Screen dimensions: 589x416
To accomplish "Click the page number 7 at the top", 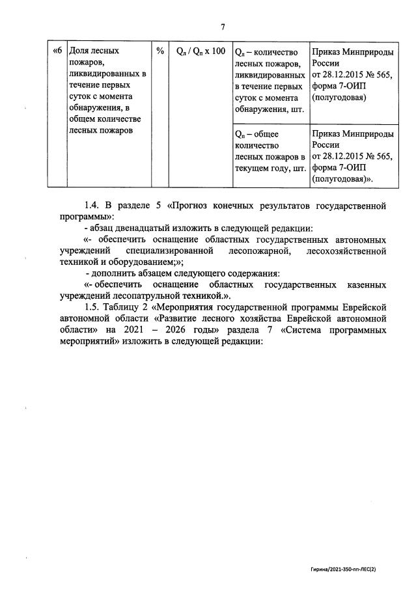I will pos(223,27).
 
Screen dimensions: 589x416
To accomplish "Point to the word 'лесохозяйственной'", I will pos(344,251).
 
